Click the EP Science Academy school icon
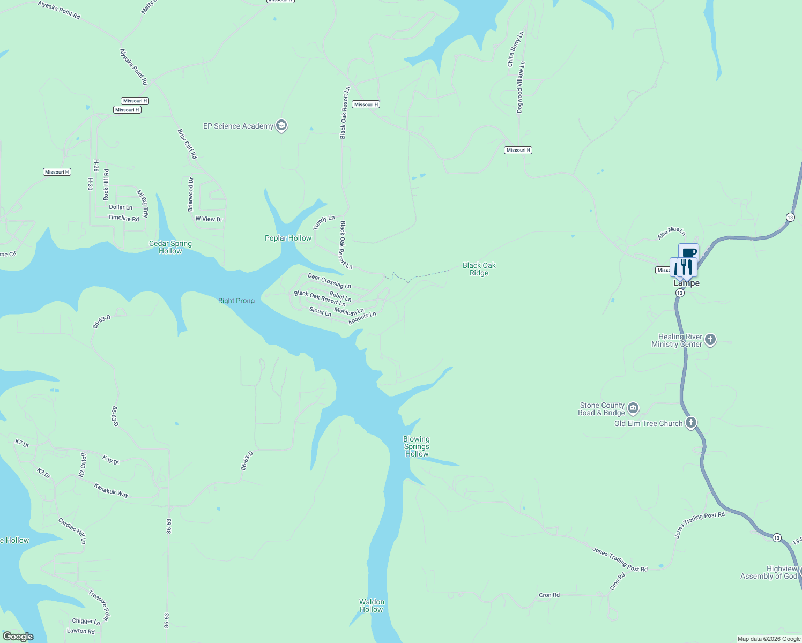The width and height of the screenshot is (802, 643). click(x=281, y=126)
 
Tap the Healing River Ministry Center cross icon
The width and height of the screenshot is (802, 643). click(x=710, y=340)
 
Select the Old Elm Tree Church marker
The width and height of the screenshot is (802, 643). click(x=691, y=423)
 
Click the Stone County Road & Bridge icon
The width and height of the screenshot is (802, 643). click(x=633, y=409)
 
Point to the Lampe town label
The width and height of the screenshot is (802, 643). click(x=686, y=283)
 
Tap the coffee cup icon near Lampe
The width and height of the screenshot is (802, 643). click(x=689, y=252)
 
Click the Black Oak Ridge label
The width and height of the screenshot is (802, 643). click(x=479, y=269)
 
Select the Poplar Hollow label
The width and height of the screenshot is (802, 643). click(x=288, y=238)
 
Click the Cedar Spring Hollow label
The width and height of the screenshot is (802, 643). click(x=170, y=247)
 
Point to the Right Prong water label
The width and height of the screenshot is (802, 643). click(x=236, y=301)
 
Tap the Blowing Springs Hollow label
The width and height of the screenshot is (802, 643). click(x=417, y=446)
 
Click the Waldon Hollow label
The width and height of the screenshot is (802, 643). click(x=372, y=605)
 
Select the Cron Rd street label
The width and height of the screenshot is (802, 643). click(x=549, y=595)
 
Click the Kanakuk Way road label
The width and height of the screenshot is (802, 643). click(x=112, y=490)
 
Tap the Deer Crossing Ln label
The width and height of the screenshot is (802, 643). click(x=329, y=281)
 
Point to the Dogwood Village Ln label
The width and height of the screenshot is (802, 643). click(x=521, y=87)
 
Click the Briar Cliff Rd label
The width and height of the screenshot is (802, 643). click(x=188, y=144)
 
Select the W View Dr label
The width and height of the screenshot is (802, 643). click(x=209, y=219)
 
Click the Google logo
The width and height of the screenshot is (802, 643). click(x=18, y=637)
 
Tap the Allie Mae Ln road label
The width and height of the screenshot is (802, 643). click(x=671, y=233)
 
